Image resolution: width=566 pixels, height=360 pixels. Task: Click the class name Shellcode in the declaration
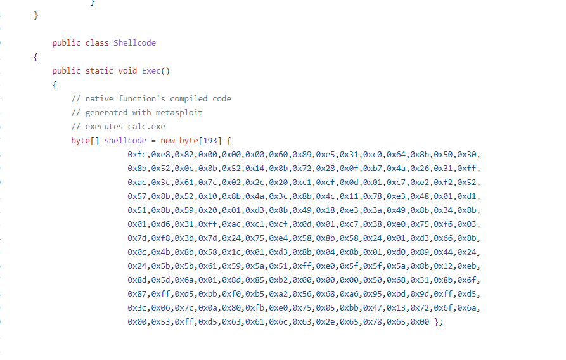[x=134, y=43]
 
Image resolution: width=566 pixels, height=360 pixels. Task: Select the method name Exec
[x=151, y=71]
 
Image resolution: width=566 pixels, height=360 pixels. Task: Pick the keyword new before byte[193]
[x=167, y=141]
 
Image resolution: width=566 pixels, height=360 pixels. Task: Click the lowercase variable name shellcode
[x=125, y=141]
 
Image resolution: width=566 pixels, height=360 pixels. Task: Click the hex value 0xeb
[x=468, y=266]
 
